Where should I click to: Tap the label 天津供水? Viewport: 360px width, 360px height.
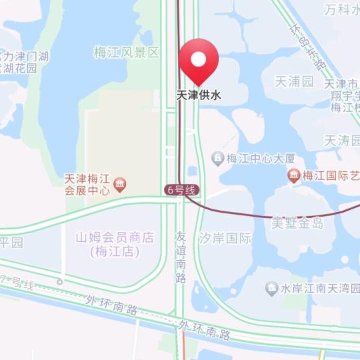[x=199, y=95]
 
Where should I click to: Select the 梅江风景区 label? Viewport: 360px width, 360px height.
[x=127, y=52]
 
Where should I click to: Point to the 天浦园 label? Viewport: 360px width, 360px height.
[x=294, y=81]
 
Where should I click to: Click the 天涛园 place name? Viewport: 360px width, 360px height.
[x=341, y=141]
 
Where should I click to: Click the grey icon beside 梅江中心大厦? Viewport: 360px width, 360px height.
[x=217, y=158]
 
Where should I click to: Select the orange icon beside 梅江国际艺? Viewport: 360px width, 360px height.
[x=293, y=175]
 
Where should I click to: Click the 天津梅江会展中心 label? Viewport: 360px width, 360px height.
[x=86, y=184]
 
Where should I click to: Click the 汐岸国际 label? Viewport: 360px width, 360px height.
[x=225, y=238]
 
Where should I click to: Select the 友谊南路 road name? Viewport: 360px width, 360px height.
[x=181, y=257]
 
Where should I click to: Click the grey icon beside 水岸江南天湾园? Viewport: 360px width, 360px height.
[x=271, y=289]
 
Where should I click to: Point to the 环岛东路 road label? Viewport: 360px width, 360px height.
[x=307, y=47]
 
